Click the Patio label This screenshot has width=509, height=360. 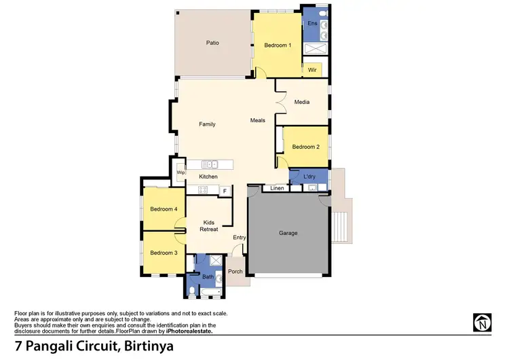pos(212,43)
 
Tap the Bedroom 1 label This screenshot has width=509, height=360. pos(278,46)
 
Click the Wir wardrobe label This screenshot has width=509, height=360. pos(312,70)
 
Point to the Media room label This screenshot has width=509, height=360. pos(302,103)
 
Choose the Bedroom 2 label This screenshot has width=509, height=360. pos(305,147)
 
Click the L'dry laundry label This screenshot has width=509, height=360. pos(309,177)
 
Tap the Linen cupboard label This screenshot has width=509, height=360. pos(277,188)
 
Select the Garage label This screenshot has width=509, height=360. pos(288,233)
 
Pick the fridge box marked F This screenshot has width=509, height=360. pos(225,192)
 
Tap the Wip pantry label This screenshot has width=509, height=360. pos(181,173)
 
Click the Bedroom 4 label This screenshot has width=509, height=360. pos(164,209)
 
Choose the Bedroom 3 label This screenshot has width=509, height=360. pos(164,253)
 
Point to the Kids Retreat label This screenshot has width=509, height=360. pos(208,226)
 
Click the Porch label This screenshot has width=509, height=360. pos(235,272)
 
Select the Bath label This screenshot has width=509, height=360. pos(207,277)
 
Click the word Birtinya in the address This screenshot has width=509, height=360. pos(148,346)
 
